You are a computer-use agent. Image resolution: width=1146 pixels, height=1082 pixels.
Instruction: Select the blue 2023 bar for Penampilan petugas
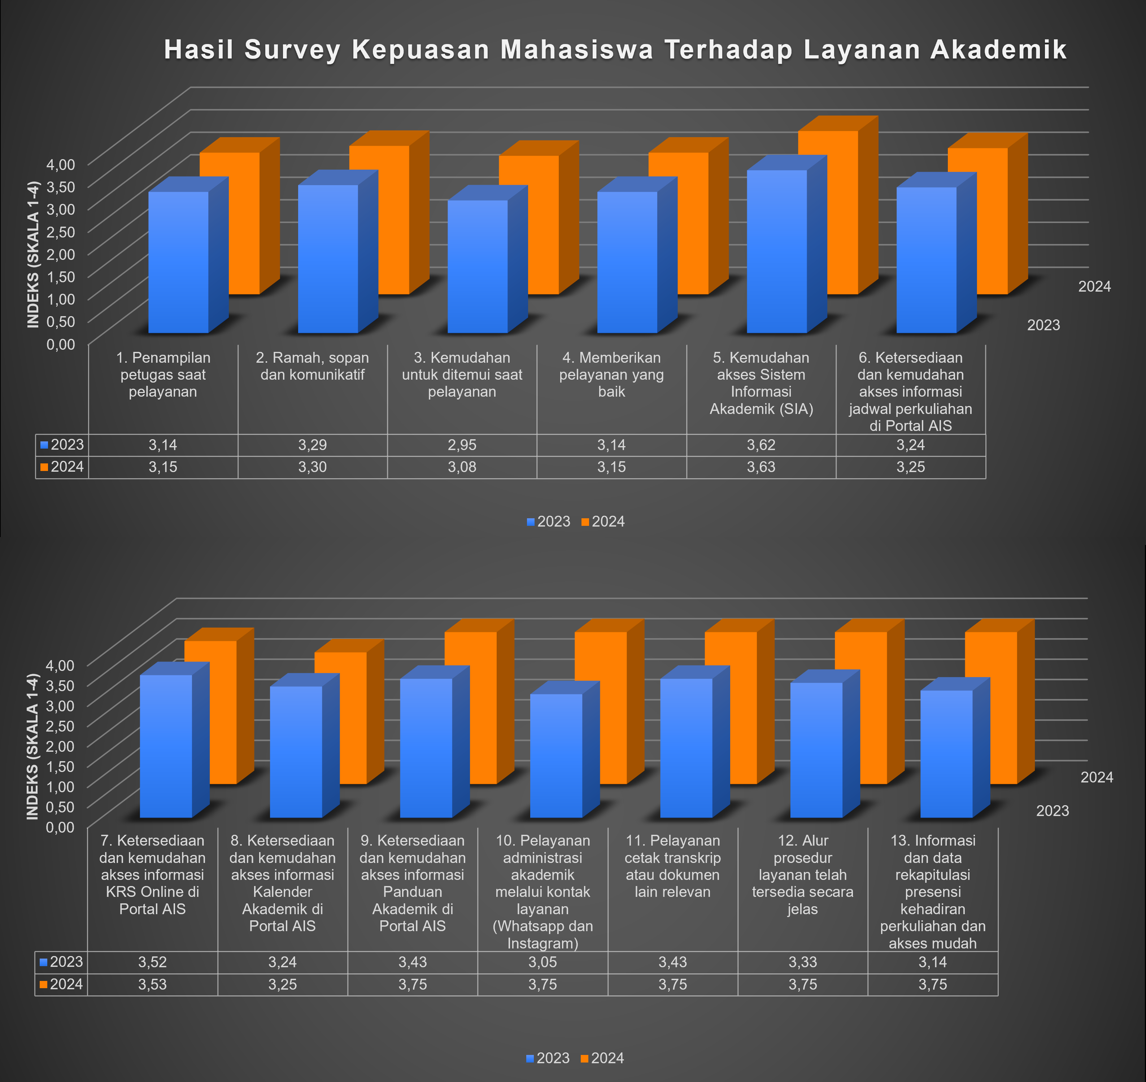click(x=178, y=262)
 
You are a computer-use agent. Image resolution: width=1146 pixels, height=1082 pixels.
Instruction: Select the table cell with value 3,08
click(x=462, y=467)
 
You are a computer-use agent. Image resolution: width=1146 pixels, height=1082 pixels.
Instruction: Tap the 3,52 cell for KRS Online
click(x=152, y=962)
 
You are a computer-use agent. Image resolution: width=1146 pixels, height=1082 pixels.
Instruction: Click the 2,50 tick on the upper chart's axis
click(x=61, y=232)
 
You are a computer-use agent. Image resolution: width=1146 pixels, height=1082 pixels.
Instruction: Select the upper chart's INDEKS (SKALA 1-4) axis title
click(x=33, y=254)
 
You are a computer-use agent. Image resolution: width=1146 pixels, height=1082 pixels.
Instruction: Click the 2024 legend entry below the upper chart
click(x=603, y=522)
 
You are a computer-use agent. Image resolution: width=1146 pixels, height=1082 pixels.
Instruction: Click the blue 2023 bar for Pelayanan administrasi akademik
click(x=556, y=755)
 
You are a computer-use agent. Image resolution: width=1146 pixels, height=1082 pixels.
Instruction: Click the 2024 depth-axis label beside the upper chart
click(x=1094, y=287)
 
